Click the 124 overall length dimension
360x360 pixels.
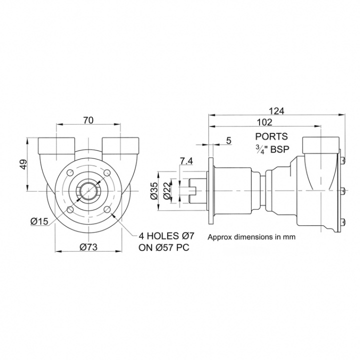tap(276, 111)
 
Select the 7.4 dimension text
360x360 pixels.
tap(185, 160)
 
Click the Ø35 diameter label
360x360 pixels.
tap(154, 190)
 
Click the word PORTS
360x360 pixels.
tap(271, 136)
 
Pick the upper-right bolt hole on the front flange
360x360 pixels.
tap(106, 172)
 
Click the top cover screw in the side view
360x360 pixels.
tap(343, 159)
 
